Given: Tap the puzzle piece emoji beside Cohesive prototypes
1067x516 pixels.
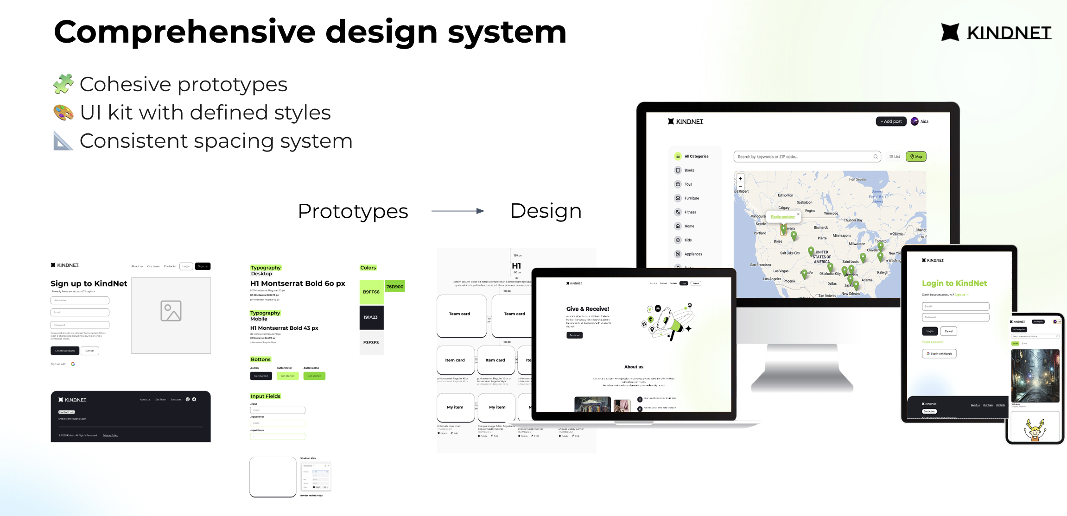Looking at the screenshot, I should (64, 84).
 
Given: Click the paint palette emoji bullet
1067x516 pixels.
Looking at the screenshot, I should (64, 113).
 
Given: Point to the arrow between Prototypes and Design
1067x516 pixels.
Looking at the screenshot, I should (458, 211).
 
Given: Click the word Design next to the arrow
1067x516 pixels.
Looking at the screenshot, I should (546, 211).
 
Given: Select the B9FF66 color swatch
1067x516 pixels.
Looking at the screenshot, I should (371, 292).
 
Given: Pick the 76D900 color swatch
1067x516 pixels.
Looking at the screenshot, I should (395, 287).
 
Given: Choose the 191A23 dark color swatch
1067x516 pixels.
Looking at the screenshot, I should (371, 317).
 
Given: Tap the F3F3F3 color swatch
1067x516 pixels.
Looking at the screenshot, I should (371, 343).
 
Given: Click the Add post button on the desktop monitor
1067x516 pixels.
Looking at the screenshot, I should (891, 121).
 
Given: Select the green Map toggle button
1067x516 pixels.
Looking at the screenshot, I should (916, 157).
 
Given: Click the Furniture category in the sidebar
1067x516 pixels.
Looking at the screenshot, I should (692, 198).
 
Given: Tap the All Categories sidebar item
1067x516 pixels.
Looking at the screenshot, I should (696, 157).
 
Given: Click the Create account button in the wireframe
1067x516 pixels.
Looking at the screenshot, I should (65, 351).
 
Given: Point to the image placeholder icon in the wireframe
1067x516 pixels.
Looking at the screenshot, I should (171, 311).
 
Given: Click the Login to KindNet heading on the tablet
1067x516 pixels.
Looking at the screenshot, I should (954, 283).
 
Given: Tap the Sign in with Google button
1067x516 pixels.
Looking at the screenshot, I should (939, 353).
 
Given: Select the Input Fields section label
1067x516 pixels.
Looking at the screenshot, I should (266, 396).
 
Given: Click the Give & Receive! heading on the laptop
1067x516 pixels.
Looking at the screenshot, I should (587, 309).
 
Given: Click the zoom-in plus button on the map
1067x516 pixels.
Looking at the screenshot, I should (740, 178).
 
